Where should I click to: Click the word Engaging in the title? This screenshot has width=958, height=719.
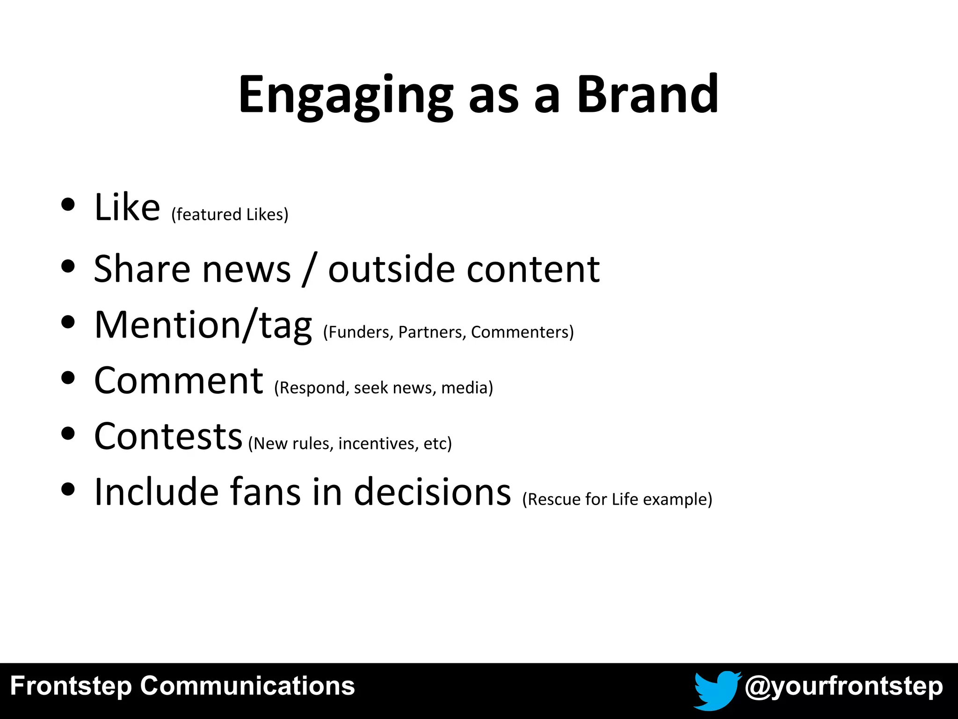click(x=346, y=95)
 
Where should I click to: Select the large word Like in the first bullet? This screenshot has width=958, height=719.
click(x=127, y=207)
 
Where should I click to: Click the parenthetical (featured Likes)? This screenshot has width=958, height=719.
click(x=230, y=214)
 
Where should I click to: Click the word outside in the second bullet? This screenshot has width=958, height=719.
click(x=391, y=269)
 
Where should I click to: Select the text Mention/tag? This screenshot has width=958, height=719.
click(x=203, y=326)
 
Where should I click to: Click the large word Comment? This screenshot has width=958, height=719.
click(x=179, y=381)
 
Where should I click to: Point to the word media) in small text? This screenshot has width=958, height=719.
click(x=467, y=388)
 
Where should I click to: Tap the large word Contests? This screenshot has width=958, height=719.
click(x=168, y=437)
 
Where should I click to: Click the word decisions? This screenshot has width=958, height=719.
click(x=432, y=492)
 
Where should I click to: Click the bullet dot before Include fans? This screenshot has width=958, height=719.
click(x=68, y=489)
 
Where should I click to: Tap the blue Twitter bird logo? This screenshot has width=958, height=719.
click(x=716, y=690)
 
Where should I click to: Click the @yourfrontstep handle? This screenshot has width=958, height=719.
click(x=843, y=687)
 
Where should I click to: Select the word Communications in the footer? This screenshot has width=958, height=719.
click(x=247, y=686)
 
